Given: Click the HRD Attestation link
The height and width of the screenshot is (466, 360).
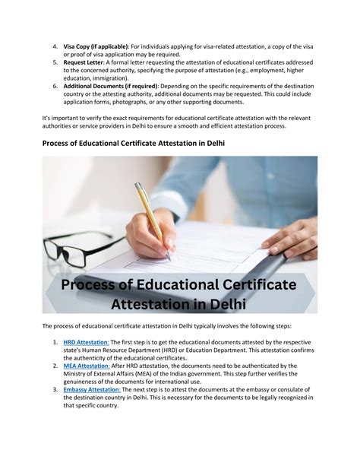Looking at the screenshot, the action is pos(86,343).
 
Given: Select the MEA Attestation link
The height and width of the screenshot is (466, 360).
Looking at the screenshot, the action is pos(86,366).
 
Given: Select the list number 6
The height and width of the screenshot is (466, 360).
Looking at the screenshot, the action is pos(55,86).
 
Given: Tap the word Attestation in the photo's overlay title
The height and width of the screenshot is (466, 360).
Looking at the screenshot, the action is pos(162,303).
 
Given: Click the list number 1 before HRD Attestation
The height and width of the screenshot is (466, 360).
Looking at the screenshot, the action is pos(55,343).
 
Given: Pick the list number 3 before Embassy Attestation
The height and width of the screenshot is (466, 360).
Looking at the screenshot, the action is pos(55,389).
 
